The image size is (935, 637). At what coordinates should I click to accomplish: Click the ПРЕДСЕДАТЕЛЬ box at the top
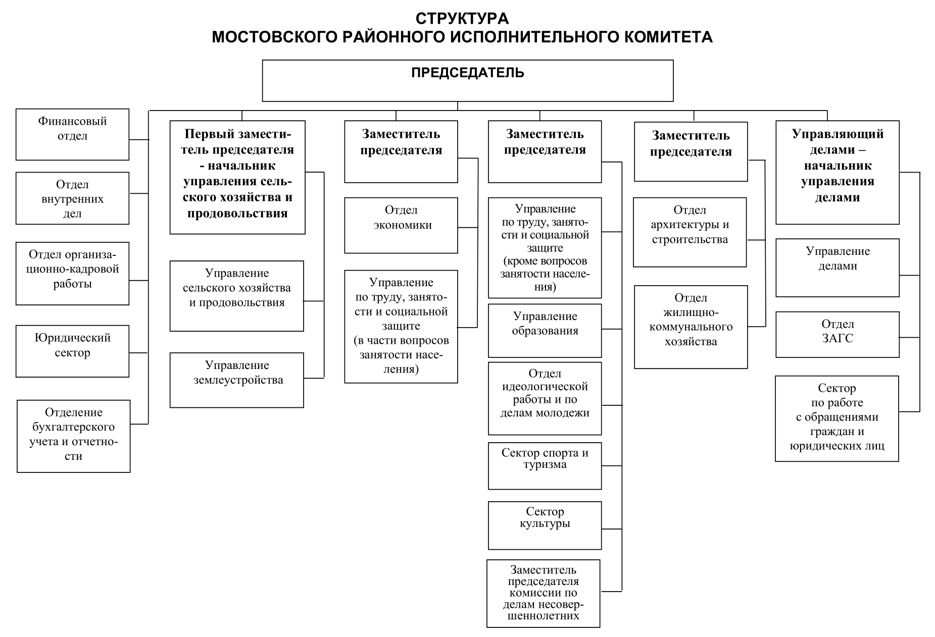pyautogui.click(x=467, y=81)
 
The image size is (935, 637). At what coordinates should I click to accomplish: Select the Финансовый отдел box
pyautogui.click(x=72, y=134)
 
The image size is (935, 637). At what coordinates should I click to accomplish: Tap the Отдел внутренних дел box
pyautogui.click(x=72, y=198)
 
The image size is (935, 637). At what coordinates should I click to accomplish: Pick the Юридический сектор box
pyautogui.click(x=72, y=351)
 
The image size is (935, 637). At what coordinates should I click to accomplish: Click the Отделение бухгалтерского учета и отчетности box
pyautogui.click(x=73, y=437)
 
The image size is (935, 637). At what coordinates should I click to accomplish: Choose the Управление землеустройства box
pyautogui.click(x=236, y=380)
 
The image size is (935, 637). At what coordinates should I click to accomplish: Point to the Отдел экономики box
pyautogui.click(x=401, y=225)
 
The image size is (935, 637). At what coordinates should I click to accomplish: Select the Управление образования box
pyautogui.click(x=545, y=331)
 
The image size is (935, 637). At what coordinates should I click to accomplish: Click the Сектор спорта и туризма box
pyautogui.click(x=545, y=466)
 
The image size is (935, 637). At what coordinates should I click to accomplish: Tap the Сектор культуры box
pyautogui.click(x=545, y=525)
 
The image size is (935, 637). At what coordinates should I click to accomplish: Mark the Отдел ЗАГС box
pyautogui.click(x=838, y=335)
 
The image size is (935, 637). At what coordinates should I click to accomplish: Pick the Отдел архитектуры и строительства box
pyautogui.click(x=690, y=232)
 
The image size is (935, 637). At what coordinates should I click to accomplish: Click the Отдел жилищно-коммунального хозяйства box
pyautogui.click(x=691, y=327)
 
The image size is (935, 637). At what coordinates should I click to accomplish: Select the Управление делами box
pyautogui.click(x=838, y=268)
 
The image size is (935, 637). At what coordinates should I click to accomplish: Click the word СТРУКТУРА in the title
pyautogui.click(x=462, y=19)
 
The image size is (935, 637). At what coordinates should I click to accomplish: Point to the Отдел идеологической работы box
pyautogui.click(x=545, y=398)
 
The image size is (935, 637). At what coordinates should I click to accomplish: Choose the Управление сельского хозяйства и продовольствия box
pyautogui.click(x=236, y=296)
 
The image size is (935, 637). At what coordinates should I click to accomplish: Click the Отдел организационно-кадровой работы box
pyautogui.click(x=72, y=274)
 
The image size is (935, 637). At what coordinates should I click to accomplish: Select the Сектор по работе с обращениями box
pyautogui.click(x=837, y=418)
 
